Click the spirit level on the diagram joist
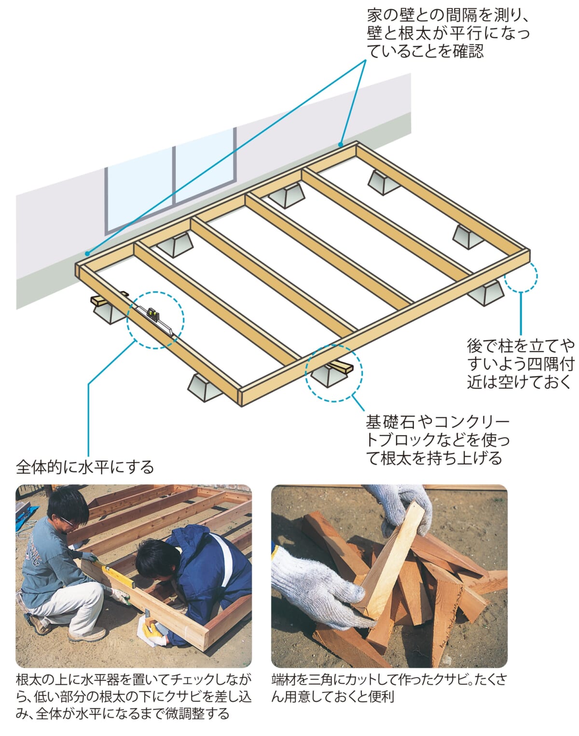coord(155,319)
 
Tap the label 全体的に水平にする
coord(85,467)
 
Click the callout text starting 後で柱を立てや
coord(520,365)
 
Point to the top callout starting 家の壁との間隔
coord(448,33)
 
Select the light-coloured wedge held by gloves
coord(393,561)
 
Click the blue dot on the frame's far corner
coord(341,144)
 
